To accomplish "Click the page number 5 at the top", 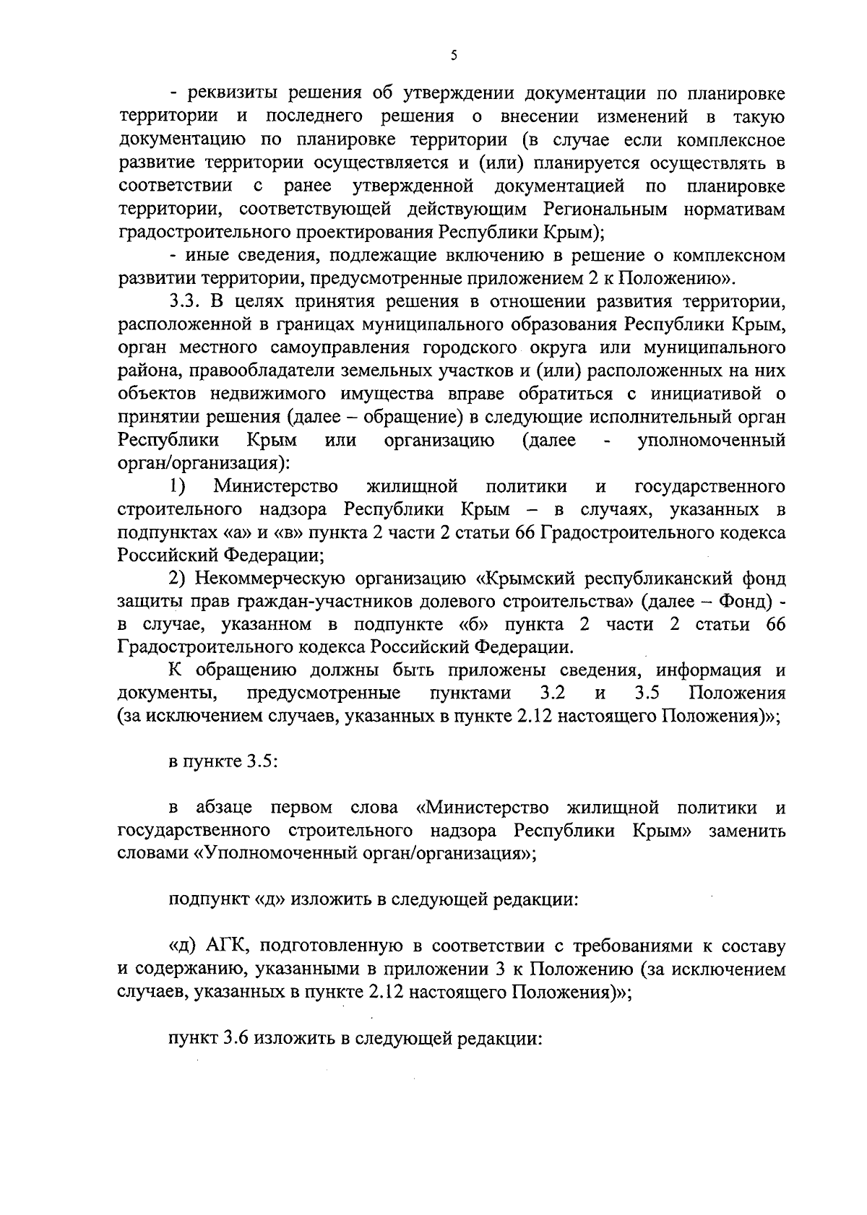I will (x=453, y=56).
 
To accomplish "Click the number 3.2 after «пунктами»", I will (x=553, y=694).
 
